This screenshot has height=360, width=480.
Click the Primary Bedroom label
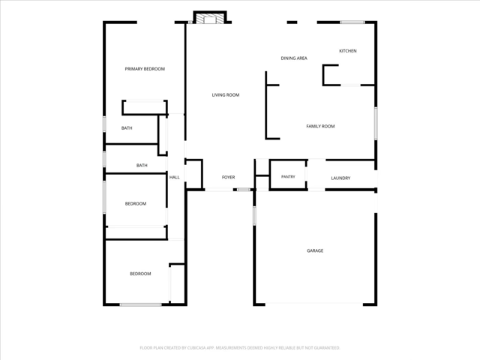click(x=145, y=69)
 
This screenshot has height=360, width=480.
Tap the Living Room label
click(x=226, y=95)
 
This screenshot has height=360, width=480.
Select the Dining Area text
click(x=294, y=58)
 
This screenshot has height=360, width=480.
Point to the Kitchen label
click(x=348, y=51)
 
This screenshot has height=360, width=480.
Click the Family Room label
click(x=320, y=126)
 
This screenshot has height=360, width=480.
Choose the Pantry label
click(x=288, y=177)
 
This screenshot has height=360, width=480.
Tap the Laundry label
click(x=340, y=178)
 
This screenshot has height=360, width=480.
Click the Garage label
click(x=315, y=250)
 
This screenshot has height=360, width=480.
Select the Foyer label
click(x=228, y=177)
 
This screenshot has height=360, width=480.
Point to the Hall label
click(x=175, y=177)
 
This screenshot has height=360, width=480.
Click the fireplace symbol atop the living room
click(x=210, y=17)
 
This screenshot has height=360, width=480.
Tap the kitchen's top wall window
click(x=352, y=22)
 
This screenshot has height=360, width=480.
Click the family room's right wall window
click(x=376, y=124)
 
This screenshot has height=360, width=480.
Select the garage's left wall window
click(x=254, y=216)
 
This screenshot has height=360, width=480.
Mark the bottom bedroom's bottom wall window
click(x=140, y=304)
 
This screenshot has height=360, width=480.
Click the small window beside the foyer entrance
click(x=244, y=190)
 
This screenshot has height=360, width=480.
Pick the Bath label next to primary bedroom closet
click(x=127, y=128)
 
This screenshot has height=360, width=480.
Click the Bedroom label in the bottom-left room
click(x=140, y=274)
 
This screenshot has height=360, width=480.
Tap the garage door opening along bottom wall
click(x=314, y=304)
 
